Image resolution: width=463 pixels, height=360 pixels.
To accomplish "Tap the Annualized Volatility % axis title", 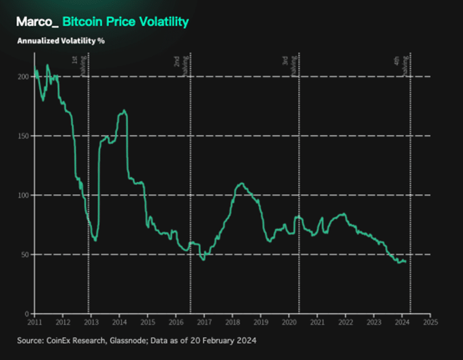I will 60,41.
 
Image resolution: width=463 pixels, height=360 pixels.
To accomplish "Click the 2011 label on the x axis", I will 35,323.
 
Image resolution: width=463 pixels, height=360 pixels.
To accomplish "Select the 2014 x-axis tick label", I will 120,323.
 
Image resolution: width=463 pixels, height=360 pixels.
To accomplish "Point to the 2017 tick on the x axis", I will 204,323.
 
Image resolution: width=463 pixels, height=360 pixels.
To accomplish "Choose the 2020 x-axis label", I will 289,323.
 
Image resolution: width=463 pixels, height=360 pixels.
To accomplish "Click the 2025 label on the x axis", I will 430,323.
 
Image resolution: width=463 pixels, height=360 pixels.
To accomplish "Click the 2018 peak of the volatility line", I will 242,184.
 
